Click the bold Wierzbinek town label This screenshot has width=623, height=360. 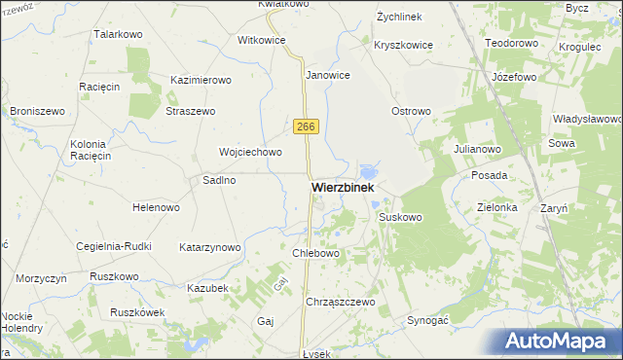[343, 187]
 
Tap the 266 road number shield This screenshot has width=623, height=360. [306, 126]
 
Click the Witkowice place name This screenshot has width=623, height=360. [261, 41]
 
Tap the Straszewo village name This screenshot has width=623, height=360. [191, 112]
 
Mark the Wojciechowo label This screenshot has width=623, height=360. [250, 152]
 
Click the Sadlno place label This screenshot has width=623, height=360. [220, 180]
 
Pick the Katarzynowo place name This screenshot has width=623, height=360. [210, 247]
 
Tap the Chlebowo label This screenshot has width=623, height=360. [315, 253]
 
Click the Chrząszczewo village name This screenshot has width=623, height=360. [341, 303]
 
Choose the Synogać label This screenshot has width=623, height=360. [427, 320]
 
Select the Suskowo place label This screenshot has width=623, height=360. [400, 217]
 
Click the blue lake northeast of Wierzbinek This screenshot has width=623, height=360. [369, 171]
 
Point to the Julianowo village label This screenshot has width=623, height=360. [477, 149]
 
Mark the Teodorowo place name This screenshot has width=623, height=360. [512, 44]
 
